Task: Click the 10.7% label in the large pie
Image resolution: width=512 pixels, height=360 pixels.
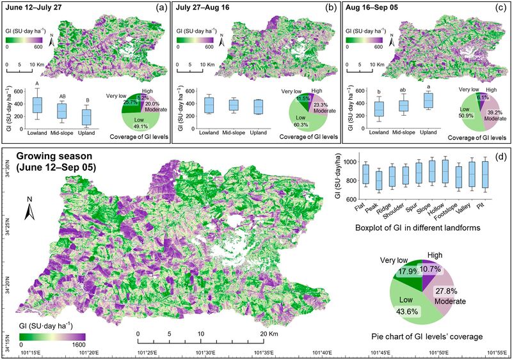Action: coord(433,271)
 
